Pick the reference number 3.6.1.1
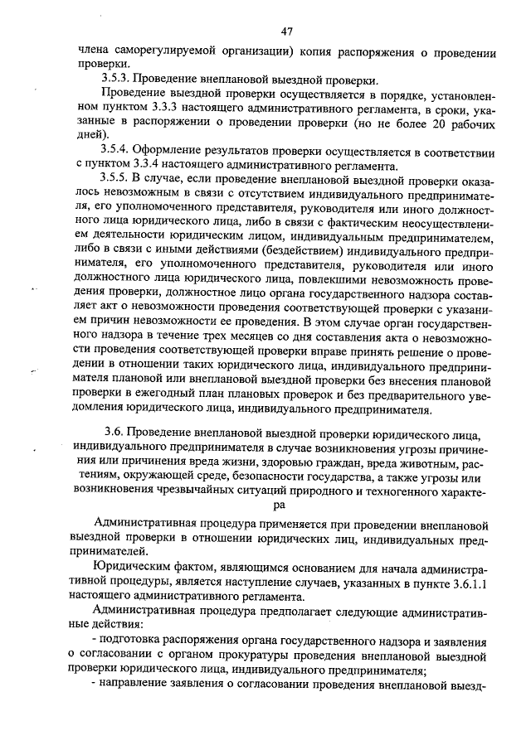coord(473,583)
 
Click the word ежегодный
coord(165,393)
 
